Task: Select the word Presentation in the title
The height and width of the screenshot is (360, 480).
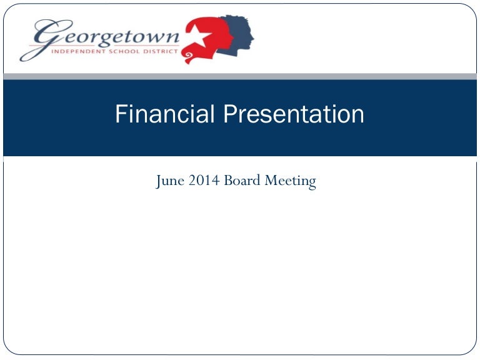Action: (x=294, y=114)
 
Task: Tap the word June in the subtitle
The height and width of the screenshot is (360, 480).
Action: (x=171, y=182)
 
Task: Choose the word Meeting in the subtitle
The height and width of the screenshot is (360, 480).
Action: (x=291, y=182)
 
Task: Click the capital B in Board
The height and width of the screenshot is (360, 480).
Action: (x=228, y=182)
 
